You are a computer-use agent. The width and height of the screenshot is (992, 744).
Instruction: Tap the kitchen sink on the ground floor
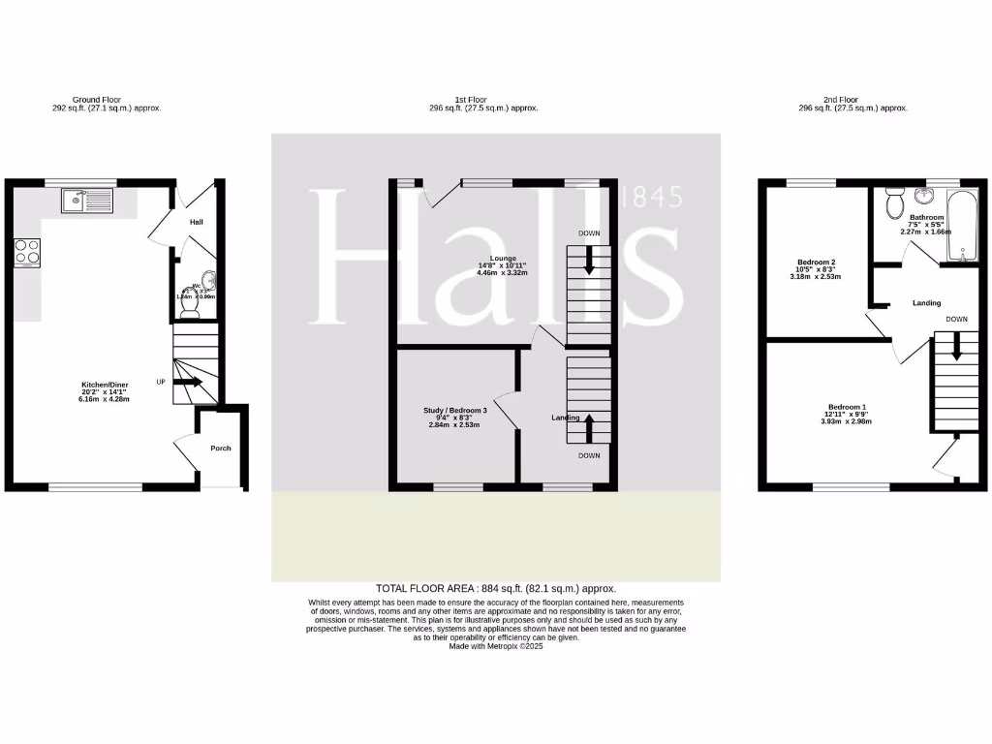[87, 201]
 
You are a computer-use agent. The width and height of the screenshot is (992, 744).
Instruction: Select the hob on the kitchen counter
[27, 252]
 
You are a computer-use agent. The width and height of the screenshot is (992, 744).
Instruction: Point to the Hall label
[197, 223]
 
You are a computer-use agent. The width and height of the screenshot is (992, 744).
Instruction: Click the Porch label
[222, 448]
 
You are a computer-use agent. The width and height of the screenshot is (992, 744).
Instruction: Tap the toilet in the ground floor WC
[190, 306]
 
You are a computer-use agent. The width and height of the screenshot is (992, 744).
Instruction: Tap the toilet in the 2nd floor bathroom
[894, 204]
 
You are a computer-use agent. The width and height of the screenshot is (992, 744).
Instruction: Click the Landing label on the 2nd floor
[926, 303]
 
